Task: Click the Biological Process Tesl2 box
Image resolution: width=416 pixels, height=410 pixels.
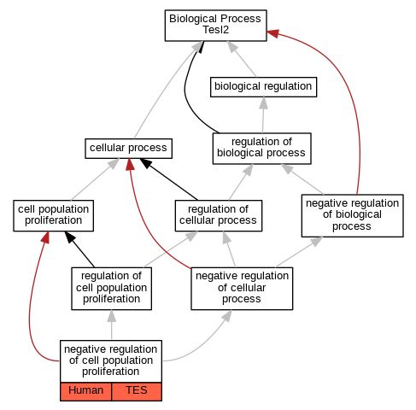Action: pyautogui.click(x=215, y=26)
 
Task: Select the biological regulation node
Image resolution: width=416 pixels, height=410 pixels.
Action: pyautogui.click(x=263, y=87)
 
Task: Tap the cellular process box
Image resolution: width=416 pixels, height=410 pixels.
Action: pyautogui.click(x=128, y=149)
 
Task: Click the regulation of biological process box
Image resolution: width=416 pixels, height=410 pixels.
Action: pyautogui.click(x=261, y=149)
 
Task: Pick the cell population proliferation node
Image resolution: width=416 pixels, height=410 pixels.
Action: pyautogui.click(x=53, y=215)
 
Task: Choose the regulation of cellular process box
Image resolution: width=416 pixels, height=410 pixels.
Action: pyautogui.click(x=219, y=215)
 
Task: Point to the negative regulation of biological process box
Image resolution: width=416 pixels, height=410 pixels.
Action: pyautogui.click(x=352, y=215)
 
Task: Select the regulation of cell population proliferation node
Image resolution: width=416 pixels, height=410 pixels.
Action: pyautogui.click(x=111, y=289)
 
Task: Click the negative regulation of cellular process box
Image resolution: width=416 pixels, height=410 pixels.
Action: pyautogui.click(x=242, y=289)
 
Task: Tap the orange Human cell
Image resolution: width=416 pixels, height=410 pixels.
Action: pyautogui.click(x=85, y=391)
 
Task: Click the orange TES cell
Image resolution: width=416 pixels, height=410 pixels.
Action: pyautogui.click(x=137, y=391)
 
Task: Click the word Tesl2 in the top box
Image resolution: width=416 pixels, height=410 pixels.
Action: pyautogui.click(x=215, y=30)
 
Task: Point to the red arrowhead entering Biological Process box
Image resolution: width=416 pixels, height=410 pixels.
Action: pyautogui.click(x=272, y=33)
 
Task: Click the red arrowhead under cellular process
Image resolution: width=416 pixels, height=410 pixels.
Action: pyautogui.click(x=130, y=164)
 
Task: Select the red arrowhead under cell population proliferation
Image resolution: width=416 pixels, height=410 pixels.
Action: pyautogui.click(x=46, y=237)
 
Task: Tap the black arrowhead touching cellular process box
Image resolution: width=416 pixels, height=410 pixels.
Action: pyautogui.click(x=146, y=163)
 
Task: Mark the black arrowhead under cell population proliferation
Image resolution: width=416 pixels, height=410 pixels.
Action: pyautogui.click(x=70, y=237)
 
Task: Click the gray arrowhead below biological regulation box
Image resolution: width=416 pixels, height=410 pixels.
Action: pyautogui.click(x=264, y=102)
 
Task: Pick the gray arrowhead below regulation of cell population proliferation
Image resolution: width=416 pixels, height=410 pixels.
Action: pyautogui.click(x=112, y=316)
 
